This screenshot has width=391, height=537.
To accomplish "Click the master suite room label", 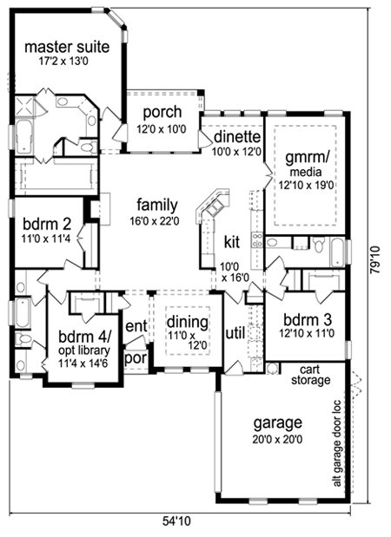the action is [x=67, y=47].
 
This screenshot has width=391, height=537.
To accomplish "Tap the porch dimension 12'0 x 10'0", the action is [x=162, y=129].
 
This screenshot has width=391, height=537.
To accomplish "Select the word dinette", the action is [x=237, y=137].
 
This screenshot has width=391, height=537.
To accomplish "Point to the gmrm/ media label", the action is [x=306, y=164].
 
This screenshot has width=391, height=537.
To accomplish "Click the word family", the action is [x=157, y=205].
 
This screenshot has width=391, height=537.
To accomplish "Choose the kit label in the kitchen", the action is [x=232, y=242].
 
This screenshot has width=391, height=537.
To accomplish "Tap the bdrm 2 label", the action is [x=47, y=225].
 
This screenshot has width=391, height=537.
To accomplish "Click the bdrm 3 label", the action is [x=308, y=320].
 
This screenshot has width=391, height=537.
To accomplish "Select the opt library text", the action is [x=84, y=350].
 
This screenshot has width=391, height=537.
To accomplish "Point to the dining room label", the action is [x=188, y=322].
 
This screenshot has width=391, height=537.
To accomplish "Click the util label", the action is [x=235, y=332].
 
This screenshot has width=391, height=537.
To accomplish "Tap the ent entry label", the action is [x=136, y=326].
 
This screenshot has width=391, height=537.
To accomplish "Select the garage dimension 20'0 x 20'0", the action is [x=277, y=439].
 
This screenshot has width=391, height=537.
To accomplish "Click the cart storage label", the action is [x=311, y=375].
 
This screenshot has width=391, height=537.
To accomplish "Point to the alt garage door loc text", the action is [x=337, y=443].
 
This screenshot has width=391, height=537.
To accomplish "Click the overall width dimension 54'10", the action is [x=176, y=521].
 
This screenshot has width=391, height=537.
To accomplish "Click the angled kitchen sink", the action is [x=215, y=206].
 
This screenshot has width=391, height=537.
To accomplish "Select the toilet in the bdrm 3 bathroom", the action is [x=319, y=245].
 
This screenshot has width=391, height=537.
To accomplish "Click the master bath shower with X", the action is [x=24, y=106].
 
